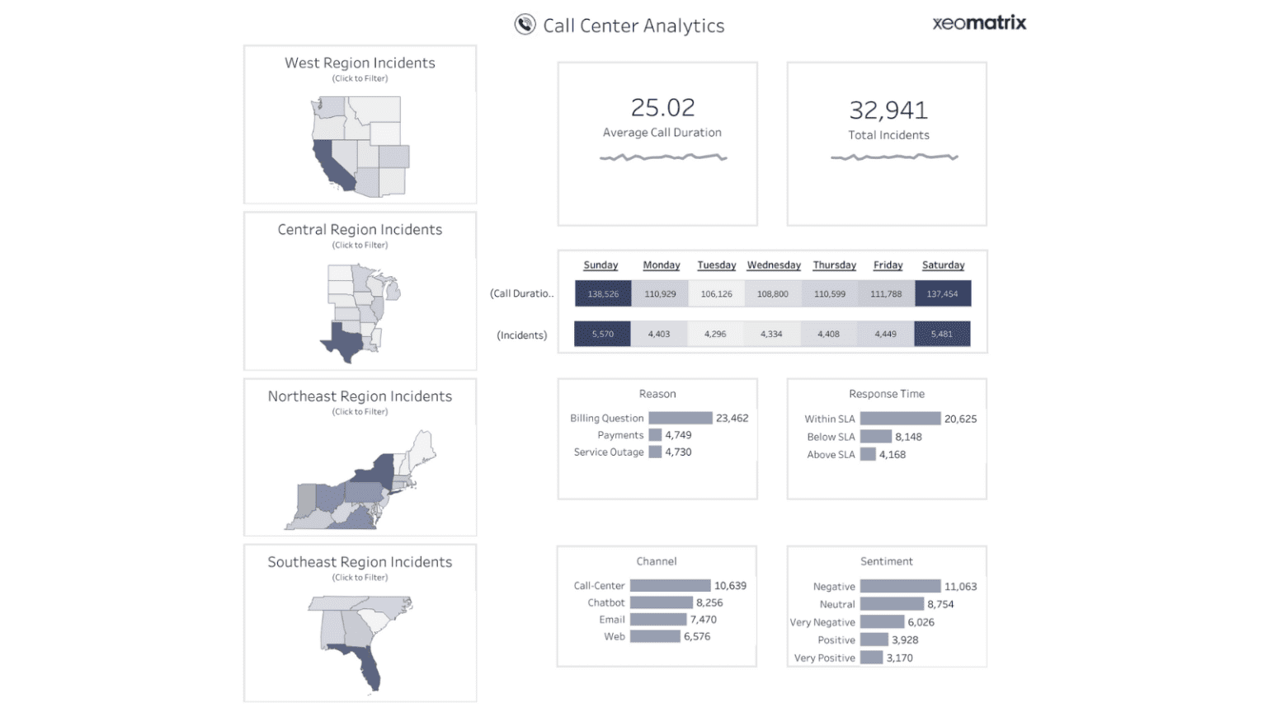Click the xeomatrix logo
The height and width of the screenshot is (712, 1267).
click(x=979, y=23)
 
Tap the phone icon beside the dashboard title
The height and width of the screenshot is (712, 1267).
click(x=525, y=25)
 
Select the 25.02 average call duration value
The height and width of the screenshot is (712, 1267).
click(x=662, y=108)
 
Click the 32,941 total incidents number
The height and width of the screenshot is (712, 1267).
click(x=888, y=110)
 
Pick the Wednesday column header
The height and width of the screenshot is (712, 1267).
click(x=774, y=265)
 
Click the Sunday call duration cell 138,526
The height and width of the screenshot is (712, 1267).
click(x=603, y=293)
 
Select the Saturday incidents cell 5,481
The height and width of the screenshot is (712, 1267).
click(x=942, y=334)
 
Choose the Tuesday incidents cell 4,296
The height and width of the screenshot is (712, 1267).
click(x=715, y=334)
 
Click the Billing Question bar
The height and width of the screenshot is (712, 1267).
click(x=680, y=419)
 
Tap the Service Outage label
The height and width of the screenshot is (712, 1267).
click(x=609, y=452)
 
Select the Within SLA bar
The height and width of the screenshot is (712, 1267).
click(x=900, y=419)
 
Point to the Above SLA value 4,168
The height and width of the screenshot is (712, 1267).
click(x=893, y=455)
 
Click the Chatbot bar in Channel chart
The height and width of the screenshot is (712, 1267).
click(x=661, y=603)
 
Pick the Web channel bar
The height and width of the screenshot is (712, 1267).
click(x=655, y=637)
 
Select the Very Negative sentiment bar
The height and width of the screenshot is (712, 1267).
click(x=882, y=622)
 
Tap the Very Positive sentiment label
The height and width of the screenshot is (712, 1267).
click(x=824, y=658)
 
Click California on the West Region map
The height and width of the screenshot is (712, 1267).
click(x=332, y=164)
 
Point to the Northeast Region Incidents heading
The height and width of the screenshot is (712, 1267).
click(x=360, y=396)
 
